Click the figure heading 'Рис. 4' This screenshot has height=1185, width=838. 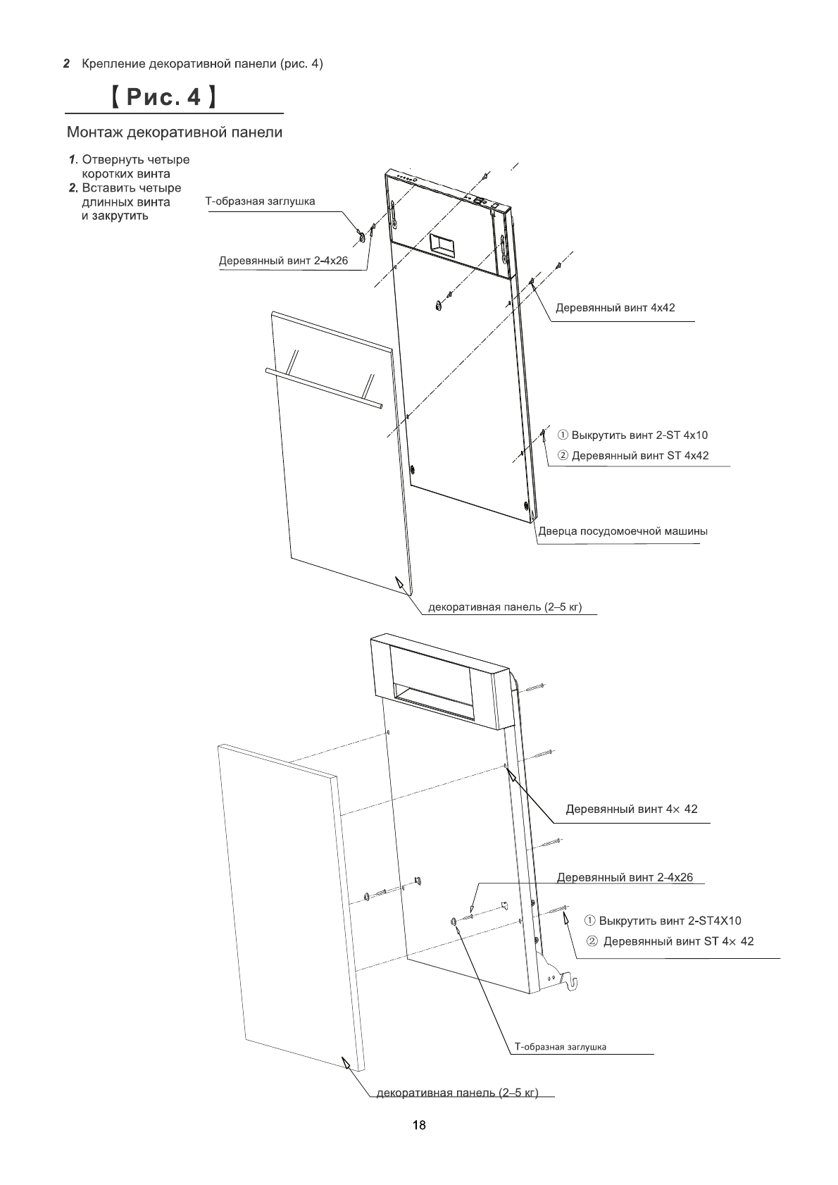[x=162, y=97]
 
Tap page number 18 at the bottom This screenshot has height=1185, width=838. [x=419, y=1125]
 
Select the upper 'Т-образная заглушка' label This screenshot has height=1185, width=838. [x=260, y=201]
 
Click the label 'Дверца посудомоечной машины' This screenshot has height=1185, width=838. [x=623, y=531]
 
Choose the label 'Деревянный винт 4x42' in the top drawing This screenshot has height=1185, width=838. [x=615, y=308]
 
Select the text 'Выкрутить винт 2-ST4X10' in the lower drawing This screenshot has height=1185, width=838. [x=670, y=921]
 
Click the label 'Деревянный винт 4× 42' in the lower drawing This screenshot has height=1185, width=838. [x=632, y=809]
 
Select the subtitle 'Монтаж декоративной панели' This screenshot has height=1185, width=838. [x=175, y=132]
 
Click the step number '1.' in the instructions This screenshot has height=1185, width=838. [x=73, y=159]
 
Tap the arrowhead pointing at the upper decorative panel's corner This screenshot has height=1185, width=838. [x=399, y=583]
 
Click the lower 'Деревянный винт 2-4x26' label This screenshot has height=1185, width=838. [x=625, y=877]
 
